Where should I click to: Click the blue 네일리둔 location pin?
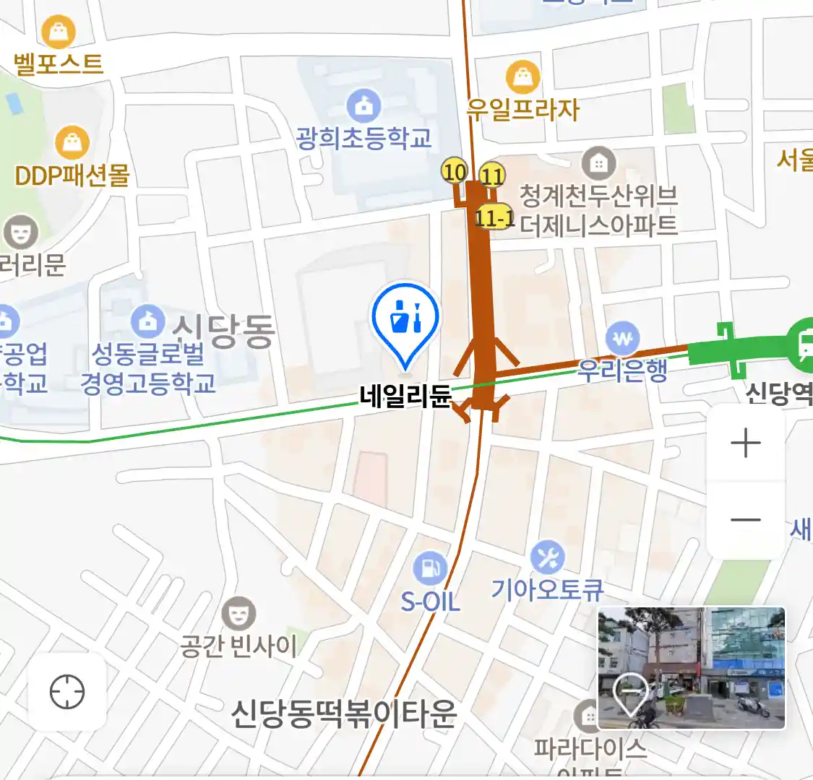405,318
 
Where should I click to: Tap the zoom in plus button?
745,443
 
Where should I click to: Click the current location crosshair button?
67,693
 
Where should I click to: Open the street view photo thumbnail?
691,667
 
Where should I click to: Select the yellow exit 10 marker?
455,172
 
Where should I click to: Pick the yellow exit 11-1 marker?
495,217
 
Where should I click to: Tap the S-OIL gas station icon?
431,568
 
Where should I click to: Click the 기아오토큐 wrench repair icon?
548,558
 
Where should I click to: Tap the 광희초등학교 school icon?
364,106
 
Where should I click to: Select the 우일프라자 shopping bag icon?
522,77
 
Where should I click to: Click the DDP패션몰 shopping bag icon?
72,143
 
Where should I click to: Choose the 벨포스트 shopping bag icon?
59,32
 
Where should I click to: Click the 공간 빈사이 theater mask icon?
238,614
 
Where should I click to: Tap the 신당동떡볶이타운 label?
344,714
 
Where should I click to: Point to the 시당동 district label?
224,331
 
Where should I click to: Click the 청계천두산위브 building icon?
598,164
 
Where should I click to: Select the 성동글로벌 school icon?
147,321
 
